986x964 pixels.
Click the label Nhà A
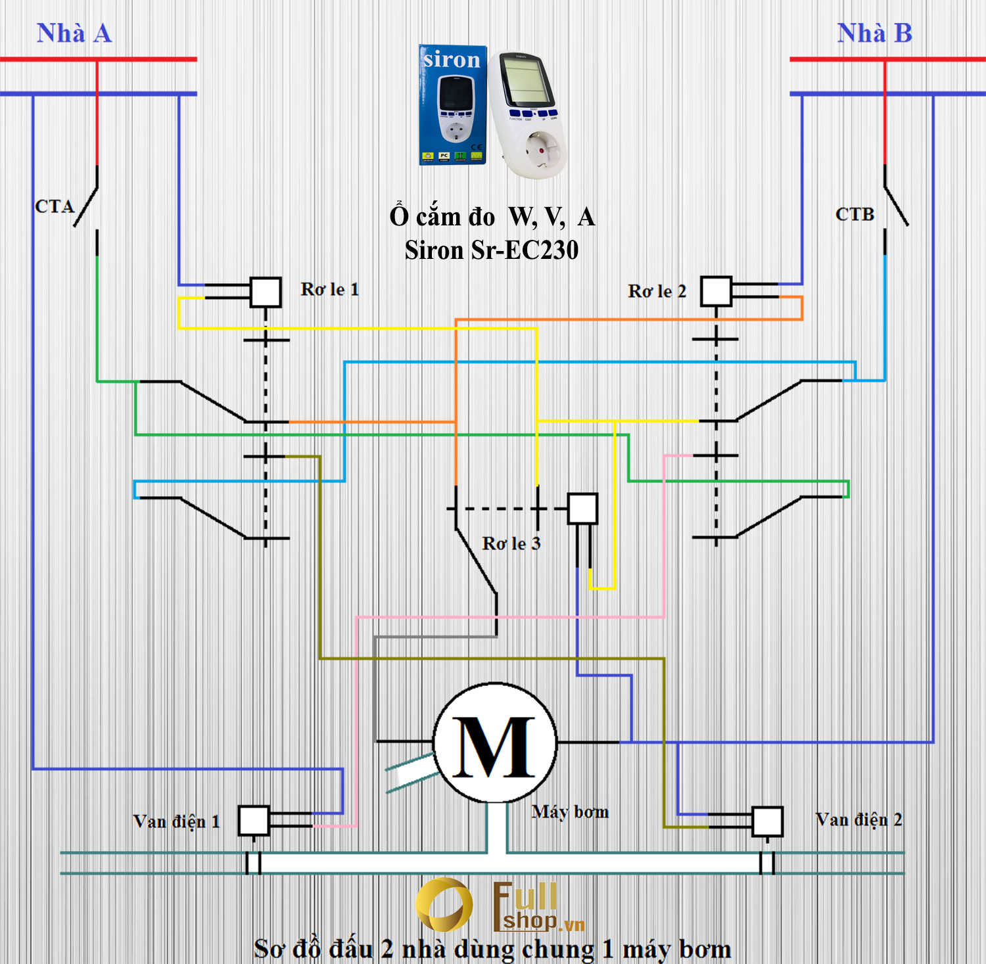point(74,34)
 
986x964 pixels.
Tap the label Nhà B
point(874,34)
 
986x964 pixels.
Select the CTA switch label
point(55,206)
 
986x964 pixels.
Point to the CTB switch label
point(855,214)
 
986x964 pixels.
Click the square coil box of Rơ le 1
point(266,292)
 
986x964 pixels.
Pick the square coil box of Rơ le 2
point(716,291)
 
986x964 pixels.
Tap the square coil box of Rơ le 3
point(582,509)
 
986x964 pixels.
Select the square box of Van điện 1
point(253,821)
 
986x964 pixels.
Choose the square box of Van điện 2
point(767,821)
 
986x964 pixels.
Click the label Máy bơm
point(570,812)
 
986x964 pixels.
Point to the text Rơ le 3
point(511,543)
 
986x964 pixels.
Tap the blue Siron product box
point(453,105)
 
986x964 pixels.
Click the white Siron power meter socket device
point(528,115)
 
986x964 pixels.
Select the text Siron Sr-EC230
point(492,250)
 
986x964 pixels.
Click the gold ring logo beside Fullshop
point(444,905)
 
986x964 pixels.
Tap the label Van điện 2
point(858,820)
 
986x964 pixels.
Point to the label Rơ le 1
point(329,289)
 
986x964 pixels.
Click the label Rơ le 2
point(657,291)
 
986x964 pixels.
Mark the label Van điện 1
point(176,821)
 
